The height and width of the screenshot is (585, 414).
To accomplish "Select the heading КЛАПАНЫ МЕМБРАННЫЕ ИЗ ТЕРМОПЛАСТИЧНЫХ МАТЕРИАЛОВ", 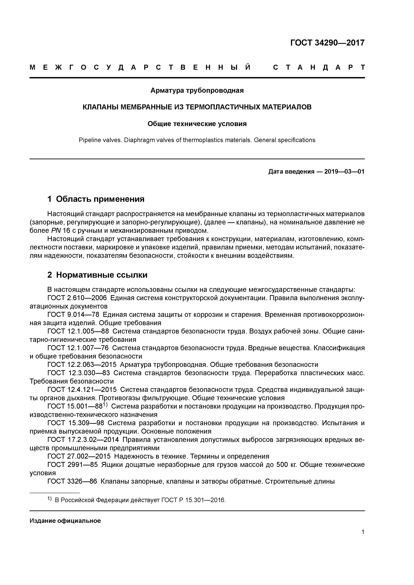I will pos(197,107).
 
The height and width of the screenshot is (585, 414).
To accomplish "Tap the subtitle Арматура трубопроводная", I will pos(197,90).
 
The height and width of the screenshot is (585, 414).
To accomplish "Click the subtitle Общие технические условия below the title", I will pos(197,124).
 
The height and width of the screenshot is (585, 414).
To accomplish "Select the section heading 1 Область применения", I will pos(96,199).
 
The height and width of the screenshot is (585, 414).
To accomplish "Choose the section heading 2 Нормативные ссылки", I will pos(97,275).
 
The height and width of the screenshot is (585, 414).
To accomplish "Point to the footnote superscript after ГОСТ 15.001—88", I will pos(106,405).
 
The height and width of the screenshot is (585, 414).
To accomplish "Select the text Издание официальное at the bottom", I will pos(65,520).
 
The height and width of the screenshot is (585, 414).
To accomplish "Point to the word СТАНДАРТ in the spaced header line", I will pos(319,68).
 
